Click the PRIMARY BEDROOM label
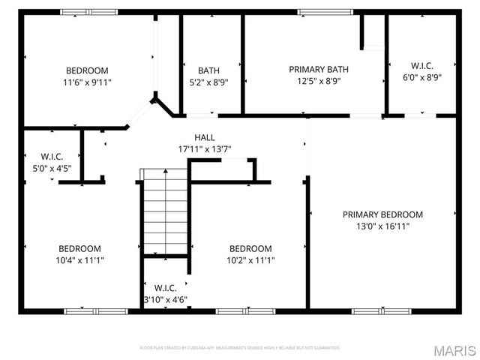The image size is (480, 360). pos(382,214)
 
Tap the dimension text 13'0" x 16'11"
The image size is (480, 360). pos(382,226)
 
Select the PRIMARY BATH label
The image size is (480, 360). pos(319,70)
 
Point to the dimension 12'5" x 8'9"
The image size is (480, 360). pos(319,81)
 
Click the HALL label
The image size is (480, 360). pos(205,137)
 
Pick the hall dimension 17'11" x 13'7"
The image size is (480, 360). pos(205,148)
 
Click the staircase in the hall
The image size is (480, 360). pos(164,211)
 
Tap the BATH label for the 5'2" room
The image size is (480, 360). pos(208,70)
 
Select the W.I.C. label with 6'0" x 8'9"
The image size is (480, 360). pos(421,65)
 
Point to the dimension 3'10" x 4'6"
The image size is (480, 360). pos(165,299)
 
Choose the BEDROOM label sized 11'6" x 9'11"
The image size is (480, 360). pos(87,70)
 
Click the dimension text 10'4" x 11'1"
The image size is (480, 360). pos(80,260)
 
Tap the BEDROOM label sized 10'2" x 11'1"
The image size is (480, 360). pos(250,249)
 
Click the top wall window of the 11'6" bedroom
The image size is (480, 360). pos(89,12)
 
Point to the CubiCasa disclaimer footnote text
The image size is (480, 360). pos(240,348)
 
